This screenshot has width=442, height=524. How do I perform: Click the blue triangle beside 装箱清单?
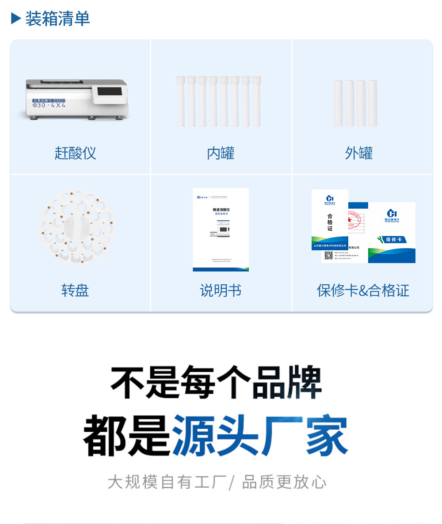16,19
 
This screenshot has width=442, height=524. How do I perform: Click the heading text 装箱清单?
57,19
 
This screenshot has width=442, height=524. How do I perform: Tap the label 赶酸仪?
75,153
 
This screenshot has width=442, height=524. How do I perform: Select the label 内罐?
221,153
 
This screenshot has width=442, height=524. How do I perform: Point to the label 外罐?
358,153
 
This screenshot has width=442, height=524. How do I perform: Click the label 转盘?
75,290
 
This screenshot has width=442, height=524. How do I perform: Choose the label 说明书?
221,290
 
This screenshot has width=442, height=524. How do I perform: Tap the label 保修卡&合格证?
363,290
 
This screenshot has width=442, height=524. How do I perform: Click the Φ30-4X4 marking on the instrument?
49,105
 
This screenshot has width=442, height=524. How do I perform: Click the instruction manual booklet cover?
221,230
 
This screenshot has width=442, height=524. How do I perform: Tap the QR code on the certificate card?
328,256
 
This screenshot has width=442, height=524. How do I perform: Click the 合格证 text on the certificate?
330,222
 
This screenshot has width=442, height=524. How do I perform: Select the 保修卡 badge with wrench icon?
392,239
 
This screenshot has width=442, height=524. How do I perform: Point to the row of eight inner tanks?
219,101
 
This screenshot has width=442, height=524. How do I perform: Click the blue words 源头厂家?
259,434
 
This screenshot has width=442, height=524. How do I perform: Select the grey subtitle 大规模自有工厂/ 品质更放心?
217,482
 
